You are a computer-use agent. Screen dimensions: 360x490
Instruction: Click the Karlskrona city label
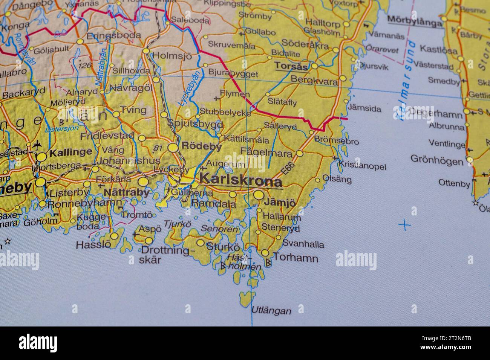click(241, 180)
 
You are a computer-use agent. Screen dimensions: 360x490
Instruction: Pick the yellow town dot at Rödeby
click(173, 148)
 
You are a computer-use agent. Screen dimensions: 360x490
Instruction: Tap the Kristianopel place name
click(362, 165)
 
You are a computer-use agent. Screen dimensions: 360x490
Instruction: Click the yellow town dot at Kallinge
click(41, 157)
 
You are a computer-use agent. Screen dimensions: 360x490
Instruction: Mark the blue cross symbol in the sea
click(404, 225)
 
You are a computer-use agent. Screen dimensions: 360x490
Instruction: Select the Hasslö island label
click(93, 245)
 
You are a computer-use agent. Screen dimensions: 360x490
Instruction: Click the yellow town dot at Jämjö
click(259, 195)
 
